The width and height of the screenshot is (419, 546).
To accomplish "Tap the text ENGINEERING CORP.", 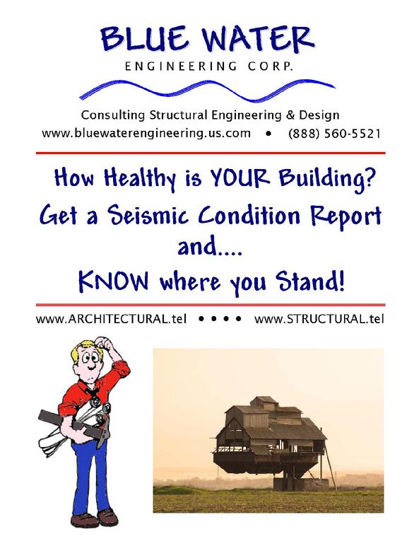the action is [x=209, y=66].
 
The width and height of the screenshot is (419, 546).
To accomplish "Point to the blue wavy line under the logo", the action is [x=208, y=90].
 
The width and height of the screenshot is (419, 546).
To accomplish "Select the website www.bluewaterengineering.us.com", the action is [x=146, y=134].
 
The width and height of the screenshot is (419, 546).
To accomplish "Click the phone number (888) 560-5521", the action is [x=334, y=134].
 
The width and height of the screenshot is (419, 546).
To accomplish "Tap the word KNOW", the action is [x=114, y=281].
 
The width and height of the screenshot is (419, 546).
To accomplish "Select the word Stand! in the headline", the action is [x=310, y=281].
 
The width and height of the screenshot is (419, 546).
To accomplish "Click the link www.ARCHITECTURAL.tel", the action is [x=112, y=319].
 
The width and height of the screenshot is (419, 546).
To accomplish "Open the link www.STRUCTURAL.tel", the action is [x=319, y=319].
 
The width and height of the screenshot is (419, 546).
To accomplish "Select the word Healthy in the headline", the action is [x=140, y=178].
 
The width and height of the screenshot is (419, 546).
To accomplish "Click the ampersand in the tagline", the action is [x=290, y=115].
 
